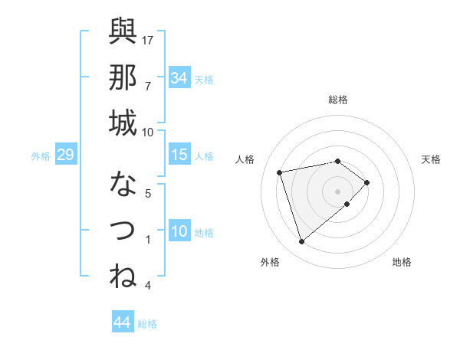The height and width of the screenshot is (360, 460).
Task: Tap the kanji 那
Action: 123,77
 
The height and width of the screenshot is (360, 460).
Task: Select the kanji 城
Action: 123,123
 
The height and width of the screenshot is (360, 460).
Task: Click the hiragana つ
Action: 123,231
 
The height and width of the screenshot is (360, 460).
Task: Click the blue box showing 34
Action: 179,77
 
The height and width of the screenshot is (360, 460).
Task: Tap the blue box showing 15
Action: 179,155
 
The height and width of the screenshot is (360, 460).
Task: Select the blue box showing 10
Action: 179,231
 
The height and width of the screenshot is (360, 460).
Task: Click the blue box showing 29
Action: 65,155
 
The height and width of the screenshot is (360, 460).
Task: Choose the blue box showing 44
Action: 121,322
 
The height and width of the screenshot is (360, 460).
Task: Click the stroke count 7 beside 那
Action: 147,86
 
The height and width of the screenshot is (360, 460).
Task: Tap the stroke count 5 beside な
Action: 147,193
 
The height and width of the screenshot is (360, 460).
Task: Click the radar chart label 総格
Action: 337,100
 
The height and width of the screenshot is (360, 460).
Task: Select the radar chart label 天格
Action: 431,159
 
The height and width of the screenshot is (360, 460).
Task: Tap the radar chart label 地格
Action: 402,262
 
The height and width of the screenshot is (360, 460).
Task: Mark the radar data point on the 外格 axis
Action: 301,242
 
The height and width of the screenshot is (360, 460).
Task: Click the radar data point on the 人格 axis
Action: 280,172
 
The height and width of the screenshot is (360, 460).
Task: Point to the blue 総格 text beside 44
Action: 147,324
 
